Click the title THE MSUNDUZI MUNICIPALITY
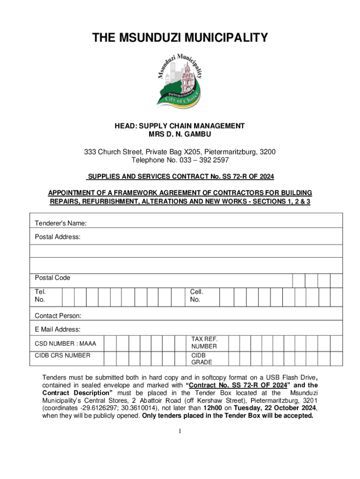[180, 37]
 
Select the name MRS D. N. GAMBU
[180, 134]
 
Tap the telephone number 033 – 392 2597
[205, 160]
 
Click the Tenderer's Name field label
[60, 224]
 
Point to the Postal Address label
[58, 237]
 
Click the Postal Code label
[52, 278]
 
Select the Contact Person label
[58, 316]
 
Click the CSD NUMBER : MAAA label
[65, 344]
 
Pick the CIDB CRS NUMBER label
[62, 356]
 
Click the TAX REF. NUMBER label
[204, 342]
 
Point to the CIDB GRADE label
[202, 359]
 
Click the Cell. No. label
[196, 295]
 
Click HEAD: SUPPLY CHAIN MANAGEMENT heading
[180, 126]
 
